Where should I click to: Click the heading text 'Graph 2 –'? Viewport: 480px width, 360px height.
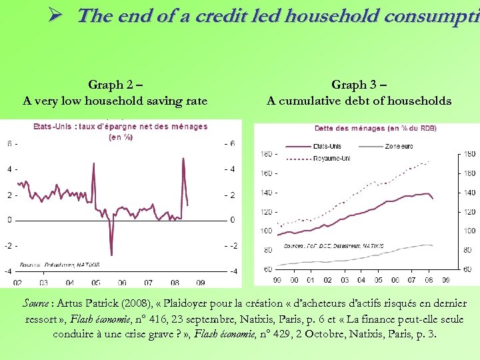click(x=115, y=85)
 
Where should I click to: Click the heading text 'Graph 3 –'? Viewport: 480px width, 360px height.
click(x=359, y=85)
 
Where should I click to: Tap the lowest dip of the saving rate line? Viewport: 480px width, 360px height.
click(x=111, y=255)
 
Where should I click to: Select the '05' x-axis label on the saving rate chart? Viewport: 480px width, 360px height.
click(x=96, y=283)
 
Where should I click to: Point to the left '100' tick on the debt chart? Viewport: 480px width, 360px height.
click(x=265, y=231)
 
